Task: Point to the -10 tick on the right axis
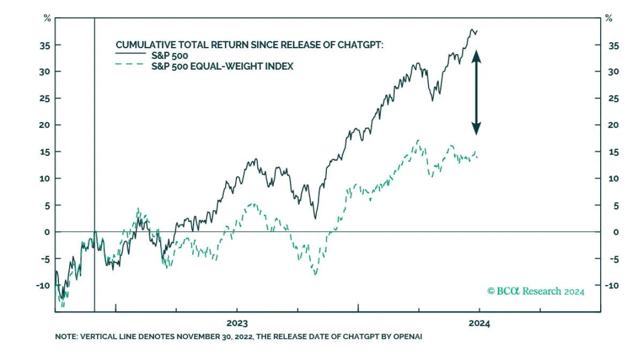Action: pyautogui.click(x=611, y=286)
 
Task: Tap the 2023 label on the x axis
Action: pyautogui.click(x=237, y=324)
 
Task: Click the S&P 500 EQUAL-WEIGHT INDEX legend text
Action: pyautogui.click(x=223, y=66)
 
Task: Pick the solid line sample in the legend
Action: pyautogui.click(x=131, y=55)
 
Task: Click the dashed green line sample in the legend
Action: pyautogui.click(x=131, y=66)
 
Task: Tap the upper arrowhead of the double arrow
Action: pyautogui.click(x=476, y=55)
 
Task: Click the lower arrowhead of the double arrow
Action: pyautogui.click(x=476, y=129)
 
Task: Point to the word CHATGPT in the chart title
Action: pyautogui.click(x=362, y=45)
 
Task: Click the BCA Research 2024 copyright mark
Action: pyautogui.click(x=536, y=291)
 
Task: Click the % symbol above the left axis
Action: pyautogui.click(x=47, y=19)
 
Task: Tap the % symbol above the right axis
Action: pyautogui.click(x=609, y=19)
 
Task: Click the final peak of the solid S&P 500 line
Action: pyautogui.click(x=472, y=29)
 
